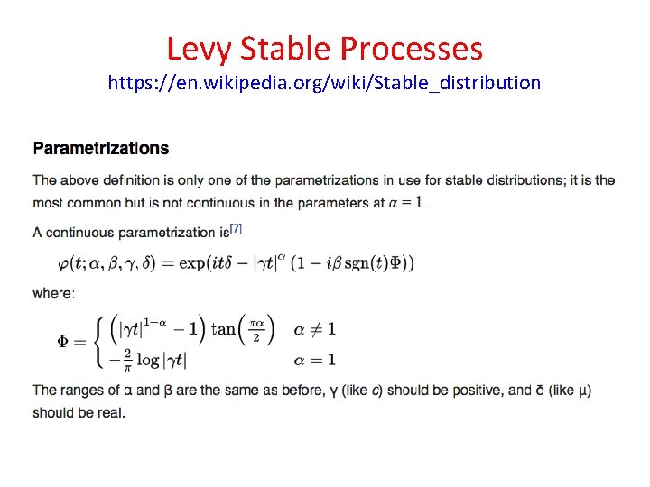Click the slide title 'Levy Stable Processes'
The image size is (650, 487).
point(325,47)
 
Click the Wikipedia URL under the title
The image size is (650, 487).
point(324,84)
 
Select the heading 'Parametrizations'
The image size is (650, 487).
point(101,148)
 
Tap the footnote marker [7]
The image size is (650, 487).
point(237,229)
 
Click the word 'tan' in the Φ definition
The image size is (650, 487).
point(226,329)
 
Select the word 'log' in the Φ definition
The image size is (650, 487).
point(148,359)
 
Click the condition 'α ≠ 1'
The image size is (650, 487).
point(314,329)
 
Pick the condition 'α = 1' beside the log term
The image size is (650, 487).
point(314,359)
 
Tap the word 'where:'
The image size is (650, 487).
point(54,292)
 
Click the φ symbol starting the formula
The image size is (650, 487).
point(64,263)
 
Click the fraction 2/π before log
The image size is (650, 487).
point(126,359)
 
